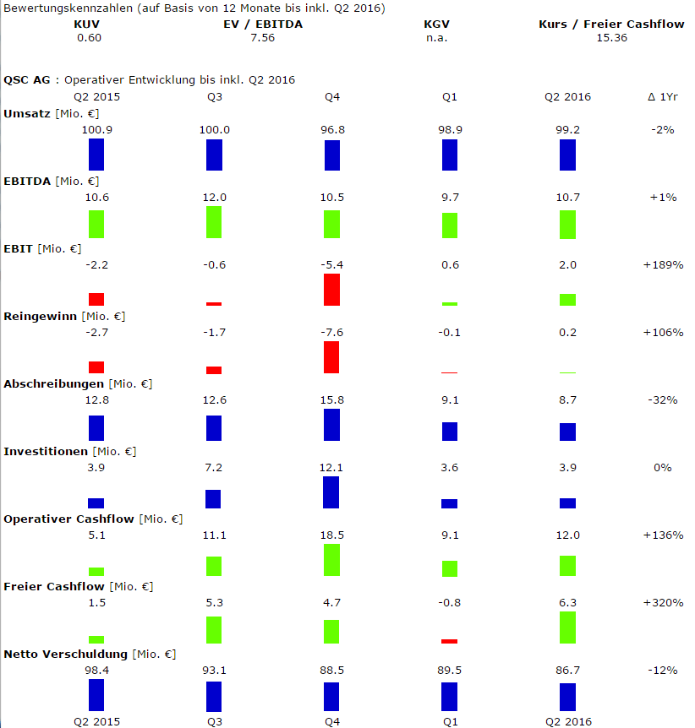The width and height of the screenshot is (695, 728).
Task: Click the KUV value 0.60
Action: click(x=88, y=38)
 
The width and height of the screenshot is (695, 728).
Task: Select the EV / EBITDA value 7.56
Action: click(x=264, y=38)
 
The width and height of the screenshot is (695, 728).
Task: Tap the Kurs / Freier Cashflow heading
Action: click(x=611, y=24)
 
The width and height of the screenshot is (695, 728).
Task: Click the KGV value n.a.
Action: click(x=437, y=38)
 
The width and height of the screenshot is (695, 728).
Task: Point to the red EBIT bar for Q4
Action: click(x=331, y=290)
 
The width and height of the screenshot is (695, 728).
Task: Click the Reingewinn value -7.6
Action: click(x=331, y=332)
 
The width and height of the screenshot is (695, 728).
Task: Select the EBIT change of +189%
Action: click(x=663, y=264)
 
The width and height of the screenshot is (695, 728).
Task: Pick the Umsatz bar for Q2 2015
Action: click(x=96, y=155)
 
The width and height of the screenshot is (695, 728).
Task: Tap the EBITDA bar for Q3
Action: click(x=214, y=221)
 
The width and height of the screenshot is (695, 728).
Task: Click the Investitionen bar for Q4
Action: click(x=331, y=492)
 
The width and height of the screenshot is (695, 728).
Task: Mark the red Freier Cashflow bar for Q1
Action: click(x=449, y=641)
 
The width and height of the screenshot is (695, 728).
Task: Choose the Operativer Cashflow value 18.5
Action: click(x=331, y=535)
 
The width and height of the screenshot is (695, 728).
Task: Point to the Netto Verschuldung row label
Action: click(x=66, y=654)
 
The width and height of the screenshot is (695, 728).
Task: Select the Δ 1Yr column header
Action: click(x=663, y=96)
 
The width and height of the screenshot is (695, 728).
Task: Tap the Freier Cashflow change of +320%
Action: click(x=663, y=602)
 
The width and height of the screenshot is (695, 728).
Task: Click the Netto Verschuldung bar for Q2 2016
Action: click(x=567, y=697)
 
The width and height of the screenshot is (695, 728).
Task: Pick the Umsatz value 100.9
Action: click(x=96, y=129)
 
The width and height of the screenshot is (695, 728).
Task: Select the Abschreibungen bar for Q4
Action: click(x=331, y=425)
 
